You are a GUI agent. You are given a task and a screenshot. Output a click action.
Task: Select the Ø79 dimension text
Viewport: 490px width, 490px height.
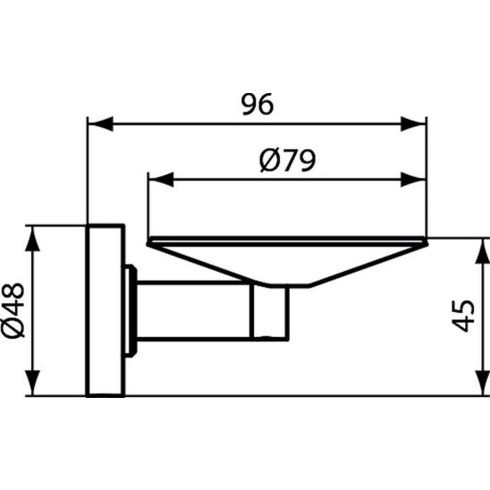click(287, 163)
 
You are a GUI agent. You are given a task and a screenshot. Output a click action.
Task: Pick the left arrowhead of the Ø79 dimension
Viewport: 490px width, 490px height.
click(156, 179)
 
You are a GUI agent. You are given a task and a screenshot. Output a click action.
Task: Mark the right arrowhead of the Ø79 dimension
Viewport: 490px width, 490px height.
click(418, 179)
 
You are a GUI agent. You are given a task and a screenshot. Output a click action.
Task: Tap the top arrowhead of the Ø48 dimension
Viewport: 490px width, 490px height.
click(33, 234)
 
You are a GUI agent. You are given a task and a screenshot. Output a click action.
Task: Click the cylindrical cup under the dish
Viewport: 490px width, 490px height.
click(269, 314)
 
